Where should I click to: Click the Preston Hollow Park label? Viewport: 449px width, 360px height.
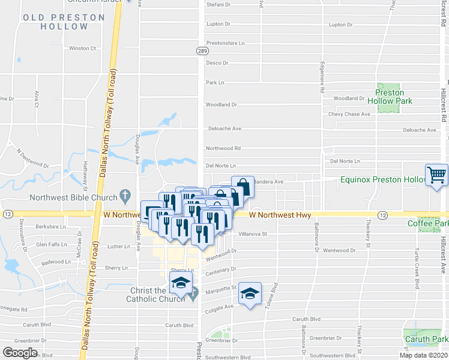(389, 97)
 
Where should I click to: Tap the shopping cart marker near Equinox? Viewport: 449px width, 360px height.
(436, 175)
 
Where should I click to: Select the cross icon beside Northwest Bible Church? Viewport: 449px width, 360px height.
(125, 195)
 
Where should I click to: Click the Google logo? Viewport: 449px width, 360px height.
(20, 353)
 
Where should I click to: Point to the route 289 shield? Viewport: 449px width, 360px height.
(202, 52)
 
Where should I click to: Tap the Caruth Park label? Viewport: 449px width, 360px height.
(427, 340)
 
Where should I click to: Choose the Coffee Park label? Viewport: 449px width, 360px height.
(428, 224)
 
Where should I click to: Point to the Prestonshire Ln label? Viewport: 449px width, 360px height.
(226, 43)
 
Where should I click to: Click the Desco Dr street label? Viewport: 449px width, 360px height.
(217, 62)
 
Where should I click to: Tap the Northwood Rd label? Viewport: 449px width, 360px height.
(223, 148)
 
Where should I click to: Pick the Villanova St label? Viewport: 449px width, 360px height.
(252, 234)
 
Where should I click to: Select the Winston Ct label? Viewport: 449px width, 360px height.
(83, 48)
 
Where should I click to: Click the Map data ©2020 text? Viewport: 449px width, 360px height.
(423, 355)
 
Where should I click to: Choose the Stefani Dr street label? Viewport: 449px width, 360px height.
(218, 4)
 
